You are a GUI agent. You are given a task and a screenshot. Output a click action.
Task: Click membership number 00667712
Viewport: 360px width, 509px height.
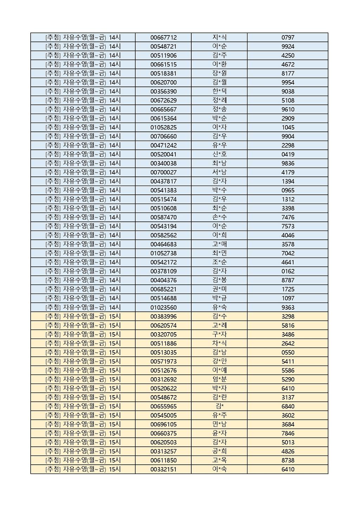tap(163, 38)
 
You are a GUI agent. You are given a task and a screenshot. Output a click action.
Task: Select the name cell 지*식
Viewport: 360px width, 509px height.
tap(219, 38)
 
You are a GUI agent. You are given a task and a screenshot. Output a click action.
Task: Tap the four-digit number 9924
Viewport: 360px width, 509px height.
tap(288, 46)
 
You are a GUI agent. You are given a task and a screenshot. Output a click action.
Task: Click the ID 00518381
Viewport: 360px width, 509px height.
tap(163, 73)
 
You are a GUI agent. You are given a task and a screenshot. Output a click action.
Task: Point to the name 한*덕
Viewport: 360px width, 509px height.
tap(219, 91)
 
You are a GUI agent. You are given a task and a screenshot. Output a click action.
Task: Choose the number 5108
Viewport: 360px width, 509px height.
tap(288, 101)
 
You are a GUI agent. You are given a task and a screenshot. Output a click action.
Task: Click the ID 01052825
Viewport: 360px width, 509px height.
tap(163, 127)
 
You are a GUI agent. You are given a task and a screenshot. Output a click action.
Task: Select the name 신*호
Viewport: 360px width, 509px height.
tap(219, 154)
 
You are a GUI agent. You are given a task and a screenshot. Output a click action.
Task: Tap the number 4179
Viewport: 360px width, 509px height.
tap(288, 172)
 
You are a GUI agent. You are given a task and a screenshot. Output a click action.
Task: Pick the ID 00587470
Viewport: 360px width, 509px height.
tap(163, 217)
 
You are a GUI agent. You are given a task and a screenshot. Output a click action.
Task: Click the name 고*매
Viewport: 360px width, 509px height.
tap(219, 244)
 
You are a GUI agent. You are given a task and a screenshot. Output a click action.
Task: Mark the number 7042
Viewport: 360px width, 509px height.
tap(288, 253)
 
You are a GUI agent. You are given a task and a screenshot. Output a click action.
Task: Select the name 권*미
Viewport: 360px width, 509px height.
tap(219, 289)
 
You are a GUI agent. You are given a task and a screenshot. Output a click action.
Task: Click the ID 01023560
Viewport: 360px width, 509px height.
tap(163, 307)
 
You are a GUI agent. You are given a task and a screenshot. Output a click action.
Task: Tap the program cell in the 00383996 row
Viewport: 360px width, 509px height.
tap(83, 316)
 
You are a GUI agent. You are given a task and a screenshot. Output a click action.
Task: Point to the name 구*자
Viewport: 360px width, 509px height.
tap(219, 334)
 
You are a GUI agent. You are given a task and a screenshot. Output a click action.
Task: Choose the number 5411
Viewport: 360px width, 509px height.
tap(288, 361)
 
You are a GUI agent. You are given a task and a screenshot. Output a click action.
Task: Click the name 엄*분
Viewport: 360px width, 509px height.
tap(219, 379)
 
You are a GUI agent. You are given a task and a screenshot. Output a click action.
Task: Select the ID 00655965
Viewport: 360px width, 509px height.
tap(163, 406)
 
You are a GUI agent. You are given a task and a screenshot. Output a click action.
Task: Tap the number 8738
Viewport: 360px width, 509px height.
tap(288, 460)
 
